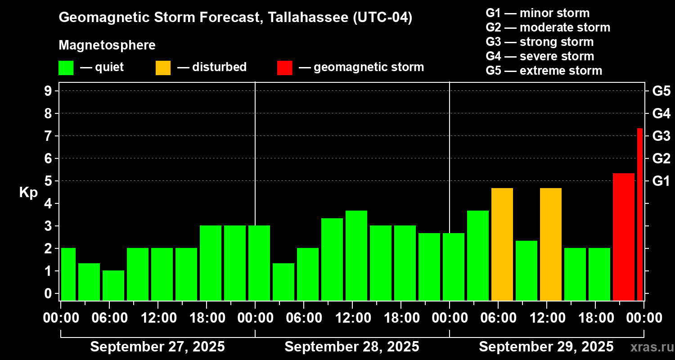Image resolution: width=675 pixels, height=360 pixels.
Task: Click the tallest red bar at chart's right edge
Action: [639, 214]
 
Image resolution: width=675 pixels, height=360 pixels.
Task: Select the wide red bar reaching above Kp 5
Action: [623, 237]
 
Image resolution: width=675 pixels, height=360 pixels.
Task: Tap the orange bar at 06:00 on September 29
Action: [502, 244]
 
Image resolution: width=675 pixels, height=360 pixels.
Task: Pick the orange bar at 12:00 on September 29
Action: [550, 244]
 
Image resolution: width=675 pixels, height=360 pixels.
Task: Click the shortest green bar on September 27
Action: [113, 285]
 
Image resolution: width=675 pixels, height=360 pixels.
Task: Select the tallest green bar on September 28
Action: [356, 255]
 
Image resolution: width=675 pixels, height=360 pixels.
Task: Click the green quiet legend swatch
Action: [66, 68]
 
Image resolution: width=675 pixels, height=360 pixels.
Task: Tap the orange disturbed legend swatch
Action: [163, 68]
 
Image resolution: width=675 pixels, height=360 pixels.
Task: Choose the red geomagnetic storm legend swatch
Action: [284, 68]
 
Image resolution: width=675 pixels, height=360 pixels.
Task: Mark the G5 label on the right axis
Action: [661, 91]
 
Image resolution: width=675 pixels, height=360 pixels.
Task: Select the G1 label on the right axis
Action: [661, 181]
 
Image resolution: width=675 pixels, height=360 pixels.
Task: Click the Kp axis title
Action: [28, 193]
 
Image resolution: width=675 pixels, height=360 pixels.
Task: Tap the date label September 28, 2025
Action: [352, 347]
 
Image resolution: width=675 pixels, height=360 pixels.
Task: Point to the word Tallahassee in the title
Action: [302, 18]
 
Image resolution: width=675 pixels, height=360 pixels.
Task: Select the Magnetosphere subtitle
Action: [107, 45]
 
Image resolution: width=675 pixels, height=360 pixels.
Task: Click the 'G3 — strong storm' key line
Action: [540, 42]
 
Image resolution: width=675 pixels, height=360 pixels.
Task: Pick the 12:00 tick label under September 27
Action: [159, 318]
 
